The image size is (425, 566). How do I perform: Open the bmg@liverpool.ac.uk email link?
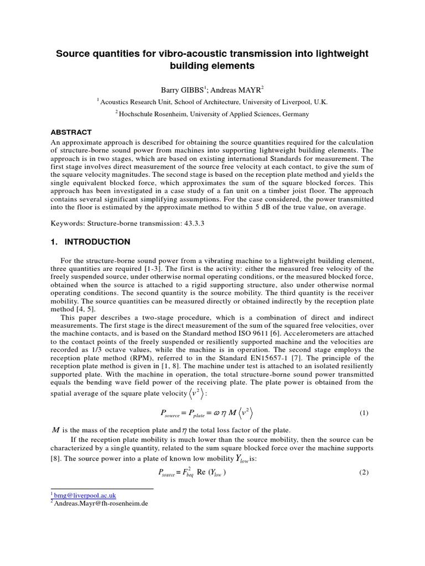click(85, 496)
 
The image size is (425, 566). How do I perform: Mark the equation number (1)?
click(364, 413)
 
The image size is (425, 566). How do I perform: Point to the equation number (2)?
click(364, 472)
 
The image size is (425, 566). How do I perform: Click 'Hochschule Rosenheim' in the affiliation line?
click(154, 114)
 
